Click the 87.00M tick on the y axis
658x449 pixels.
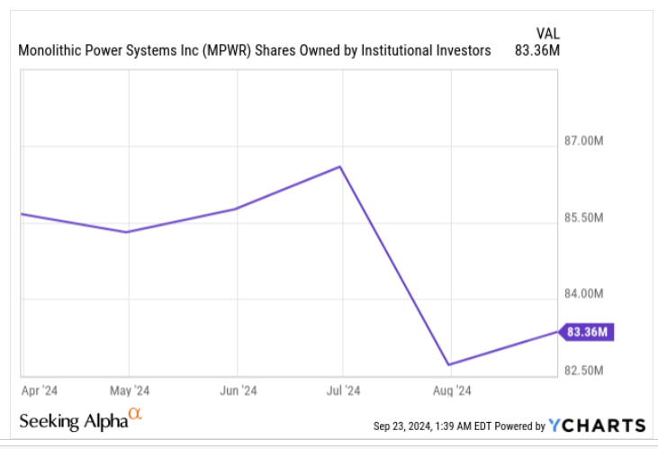(583, 141)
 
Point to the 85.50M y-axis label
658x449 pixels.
(583, 218)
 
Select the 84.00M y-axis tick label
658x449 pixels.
(583, 294)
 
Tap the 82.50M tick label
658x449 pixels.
(583, 371)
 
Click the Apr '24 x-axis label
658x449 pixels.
(41, 391)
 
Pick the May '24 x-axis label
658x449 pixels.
(129, 391)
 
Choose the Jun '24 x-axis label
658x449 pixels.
(237, 391)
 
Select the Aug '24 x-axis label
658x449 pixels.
(451, 391)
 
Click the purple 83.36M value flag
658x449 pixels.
(587, 333)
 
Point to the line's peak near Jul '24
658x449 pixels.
(339, 166)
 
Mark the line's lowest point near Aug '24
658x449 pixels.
(448, 365)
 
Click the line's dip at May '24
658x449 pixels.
(128, 232)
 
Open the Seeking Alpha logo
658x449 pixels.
(79, 420)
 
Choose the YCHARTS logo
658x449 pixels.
(598, 426)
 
